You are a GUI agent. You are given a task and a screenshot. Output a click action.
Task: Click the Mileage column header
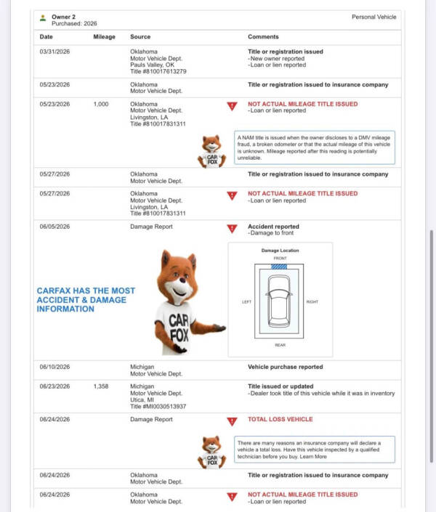(x=104, y=36)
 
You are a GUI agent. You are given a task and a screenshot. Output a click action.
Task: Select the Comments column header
(x=263, y=36)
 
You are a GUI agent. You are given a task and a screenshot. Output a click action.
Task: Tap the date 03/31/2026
(x=54, y=52)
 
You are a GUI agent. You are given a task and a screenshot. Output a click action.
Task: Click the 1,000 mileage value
(x=101, y=104)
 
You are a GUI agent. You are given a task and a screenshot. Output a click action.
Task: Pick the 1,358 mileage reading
(x=101, y=386)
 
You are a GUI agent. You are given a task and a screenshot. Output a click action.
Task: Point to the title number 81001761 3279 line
(x=158, y=71)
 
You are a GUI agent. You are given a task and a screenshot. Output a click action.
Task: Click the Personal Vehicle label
(x=374, y=17)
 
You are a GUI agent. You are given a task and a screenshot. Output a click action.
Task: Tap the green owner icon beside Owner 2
(x=43, y=18)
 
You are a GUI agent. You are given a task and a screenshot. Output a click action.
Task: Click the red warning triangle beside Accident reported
(x=232, y=229)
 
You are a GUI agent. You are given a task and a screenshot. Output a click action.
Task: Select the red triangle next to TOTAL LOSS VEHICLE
(x=232, y=421)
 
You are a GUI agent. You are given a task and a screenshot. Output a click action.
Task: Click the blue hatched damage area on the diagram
(x=279, y=267)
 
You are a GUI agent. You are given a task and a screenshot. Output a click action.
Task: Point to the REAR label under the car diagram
(x=280, y=345)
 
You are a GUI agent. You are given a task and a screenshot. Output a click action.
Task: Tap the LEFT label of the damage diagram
(x=247, y=301)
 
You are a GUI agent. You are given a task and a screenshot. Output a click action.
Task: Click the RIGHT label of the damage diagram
(x=312, y=301)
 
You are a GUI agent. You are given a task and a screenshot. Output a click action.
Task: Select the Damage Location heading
(x=280, y=251)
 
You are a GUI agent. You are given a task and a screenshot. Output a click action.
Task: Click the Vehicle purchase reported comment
(x=286, y=367)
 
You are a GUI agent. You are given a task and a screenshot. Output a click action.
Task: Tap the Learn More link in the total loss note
(x=313, y=457)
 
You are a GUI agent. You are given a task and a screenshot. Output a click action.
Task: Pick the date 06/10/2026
(x=54, y=367)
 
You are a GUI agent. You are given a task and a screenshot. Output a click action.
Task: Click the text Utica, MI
(x=142, y=399)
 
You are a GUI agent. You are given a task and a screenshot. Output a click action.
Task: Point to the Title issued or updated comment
(x=280, y=386)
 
